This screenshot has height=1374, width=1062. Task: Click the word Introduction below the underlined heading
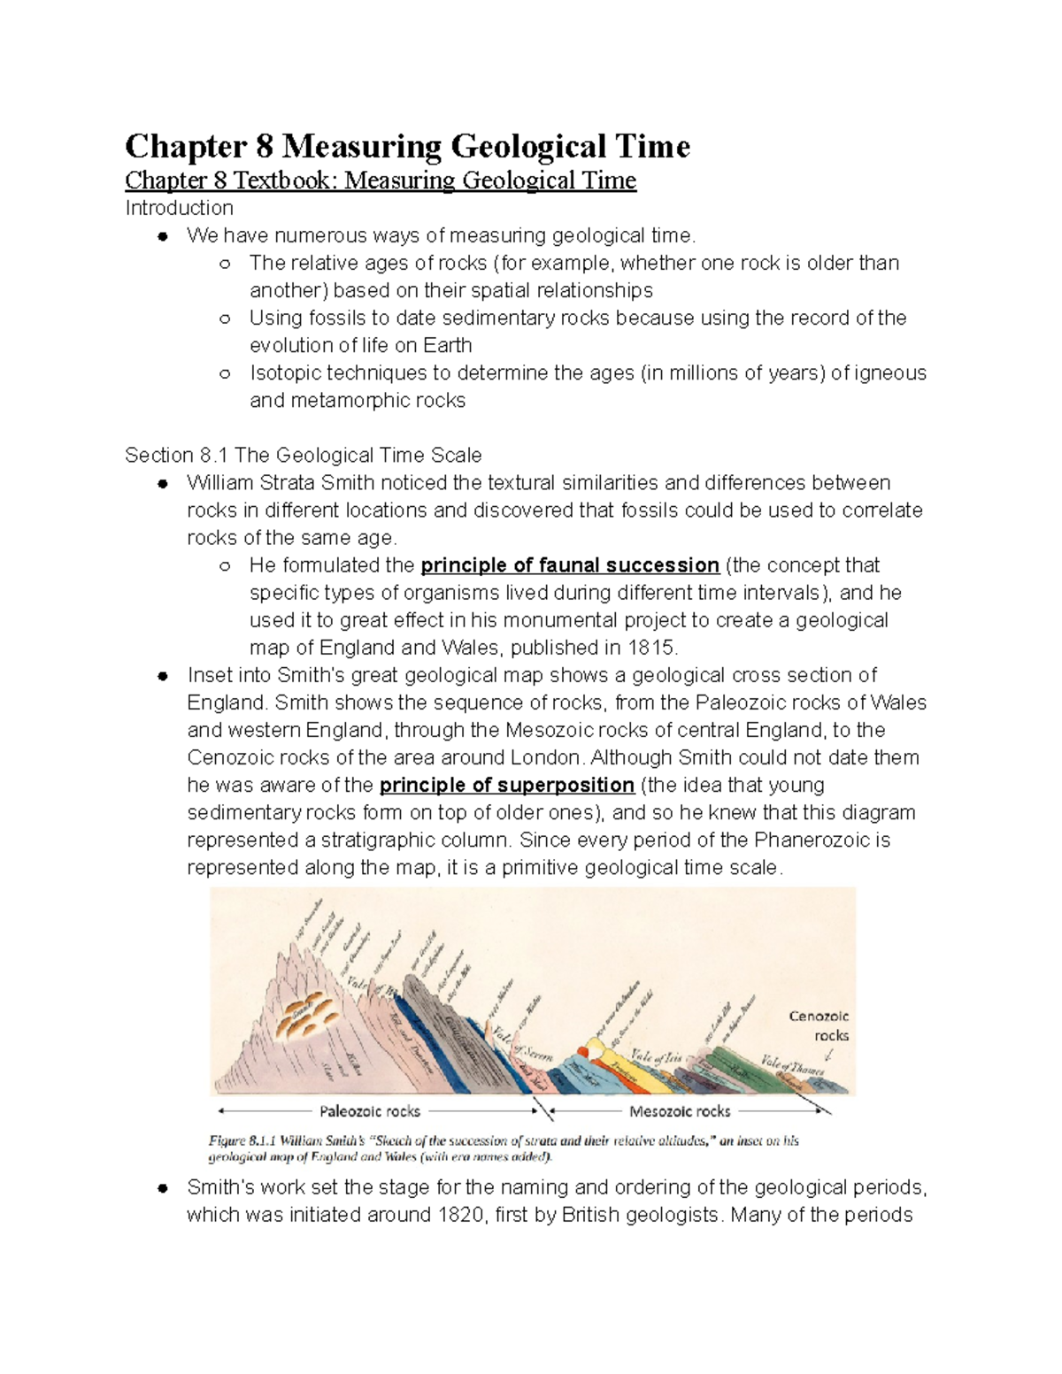(x=179, y=208)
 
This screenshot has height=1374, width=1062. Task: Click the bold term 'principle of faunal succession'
(x=569, y=565)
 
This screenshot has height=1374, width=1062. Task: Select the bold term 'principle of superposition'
(x=506, y=786)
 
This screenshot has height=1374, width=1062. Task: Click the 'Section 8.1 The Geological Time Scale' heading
(x=303, y=456)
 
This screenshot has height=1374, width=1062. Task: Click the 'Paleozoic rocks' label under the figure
(x=369, y=1111)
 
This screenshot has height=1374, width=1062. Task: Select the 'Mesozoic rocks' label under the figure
(x=679, y=1111)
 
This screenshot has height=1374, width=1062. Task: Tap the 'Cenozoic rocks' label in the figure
(x=819, y=1026)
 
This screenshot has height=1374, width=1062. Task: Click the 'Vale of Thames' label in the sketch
(x=792, y=1065)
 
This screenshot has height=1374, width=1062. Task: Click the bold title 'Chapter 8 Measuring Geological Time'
(x=407, y=146)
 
